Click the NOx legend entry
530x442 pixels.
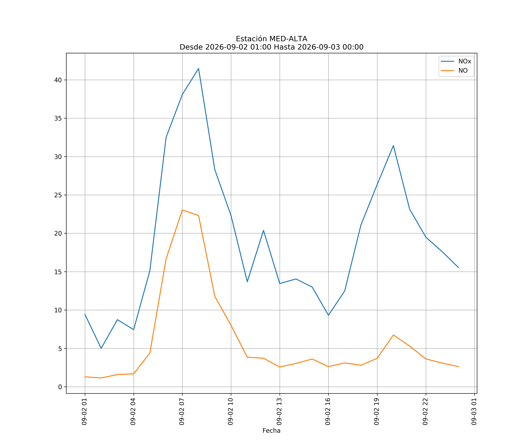[456, 61]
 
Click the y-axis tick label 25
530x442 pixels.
[58, 195]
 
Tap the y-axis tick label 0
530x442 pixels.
[60, 387]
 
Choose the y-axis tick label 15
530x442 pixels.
[58, 272]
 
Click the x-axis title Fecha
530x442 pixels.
[272, 431]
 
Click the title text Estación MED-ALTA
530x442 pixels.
[272, 39]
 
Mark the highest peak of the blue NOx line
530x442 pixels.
[199, 69]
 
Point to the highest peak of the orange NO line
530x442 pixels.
[182, 210]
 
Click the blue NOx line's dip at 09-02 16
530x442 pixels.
[328, 315]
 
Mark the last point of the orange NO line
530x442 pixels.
[458, 366]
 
